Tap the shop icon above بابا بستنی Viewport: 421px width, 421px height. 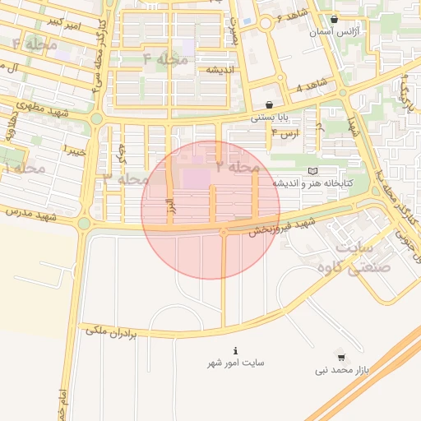(269, 104)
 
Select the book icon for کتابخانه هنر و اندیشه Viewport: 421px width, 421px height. (312, 170)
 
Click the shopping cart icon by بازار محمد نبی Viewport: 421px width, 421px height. (341, 358)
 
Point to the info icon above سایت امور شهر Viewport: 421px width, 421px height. (236, 349)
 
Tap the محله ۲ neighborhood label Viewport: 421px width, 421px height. (238, 167)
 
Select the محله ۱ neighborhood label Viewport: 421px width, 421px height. (24, 168)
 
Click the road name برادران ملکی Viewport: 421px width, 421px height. (120, 331)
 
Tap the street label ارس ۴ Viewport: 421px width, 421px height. (285, 132)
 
